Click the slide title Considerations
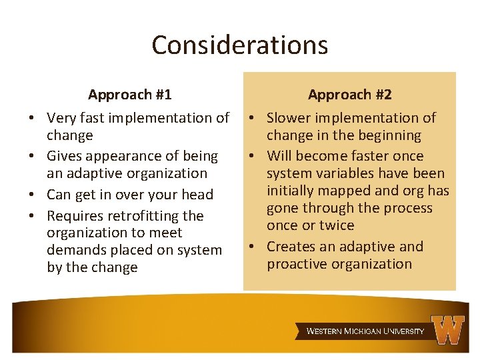[239, 45]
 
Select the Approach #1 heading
[129, 95]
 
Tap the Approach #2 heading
[350, 95]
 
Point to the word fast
[96, 118]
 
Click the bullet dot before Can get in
[32, 195]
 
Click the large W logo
[448, 329]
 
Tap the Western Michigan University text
[365, 331]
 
